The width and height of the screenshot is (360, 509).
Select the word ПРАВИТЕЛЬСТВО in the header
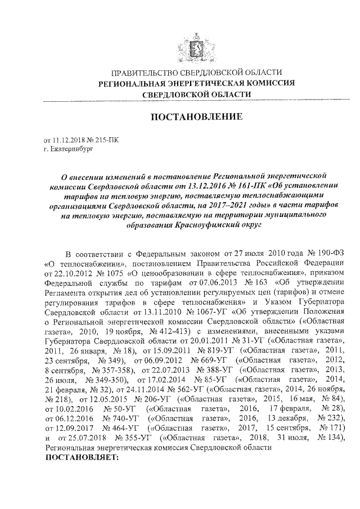(x=143, y=73)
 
